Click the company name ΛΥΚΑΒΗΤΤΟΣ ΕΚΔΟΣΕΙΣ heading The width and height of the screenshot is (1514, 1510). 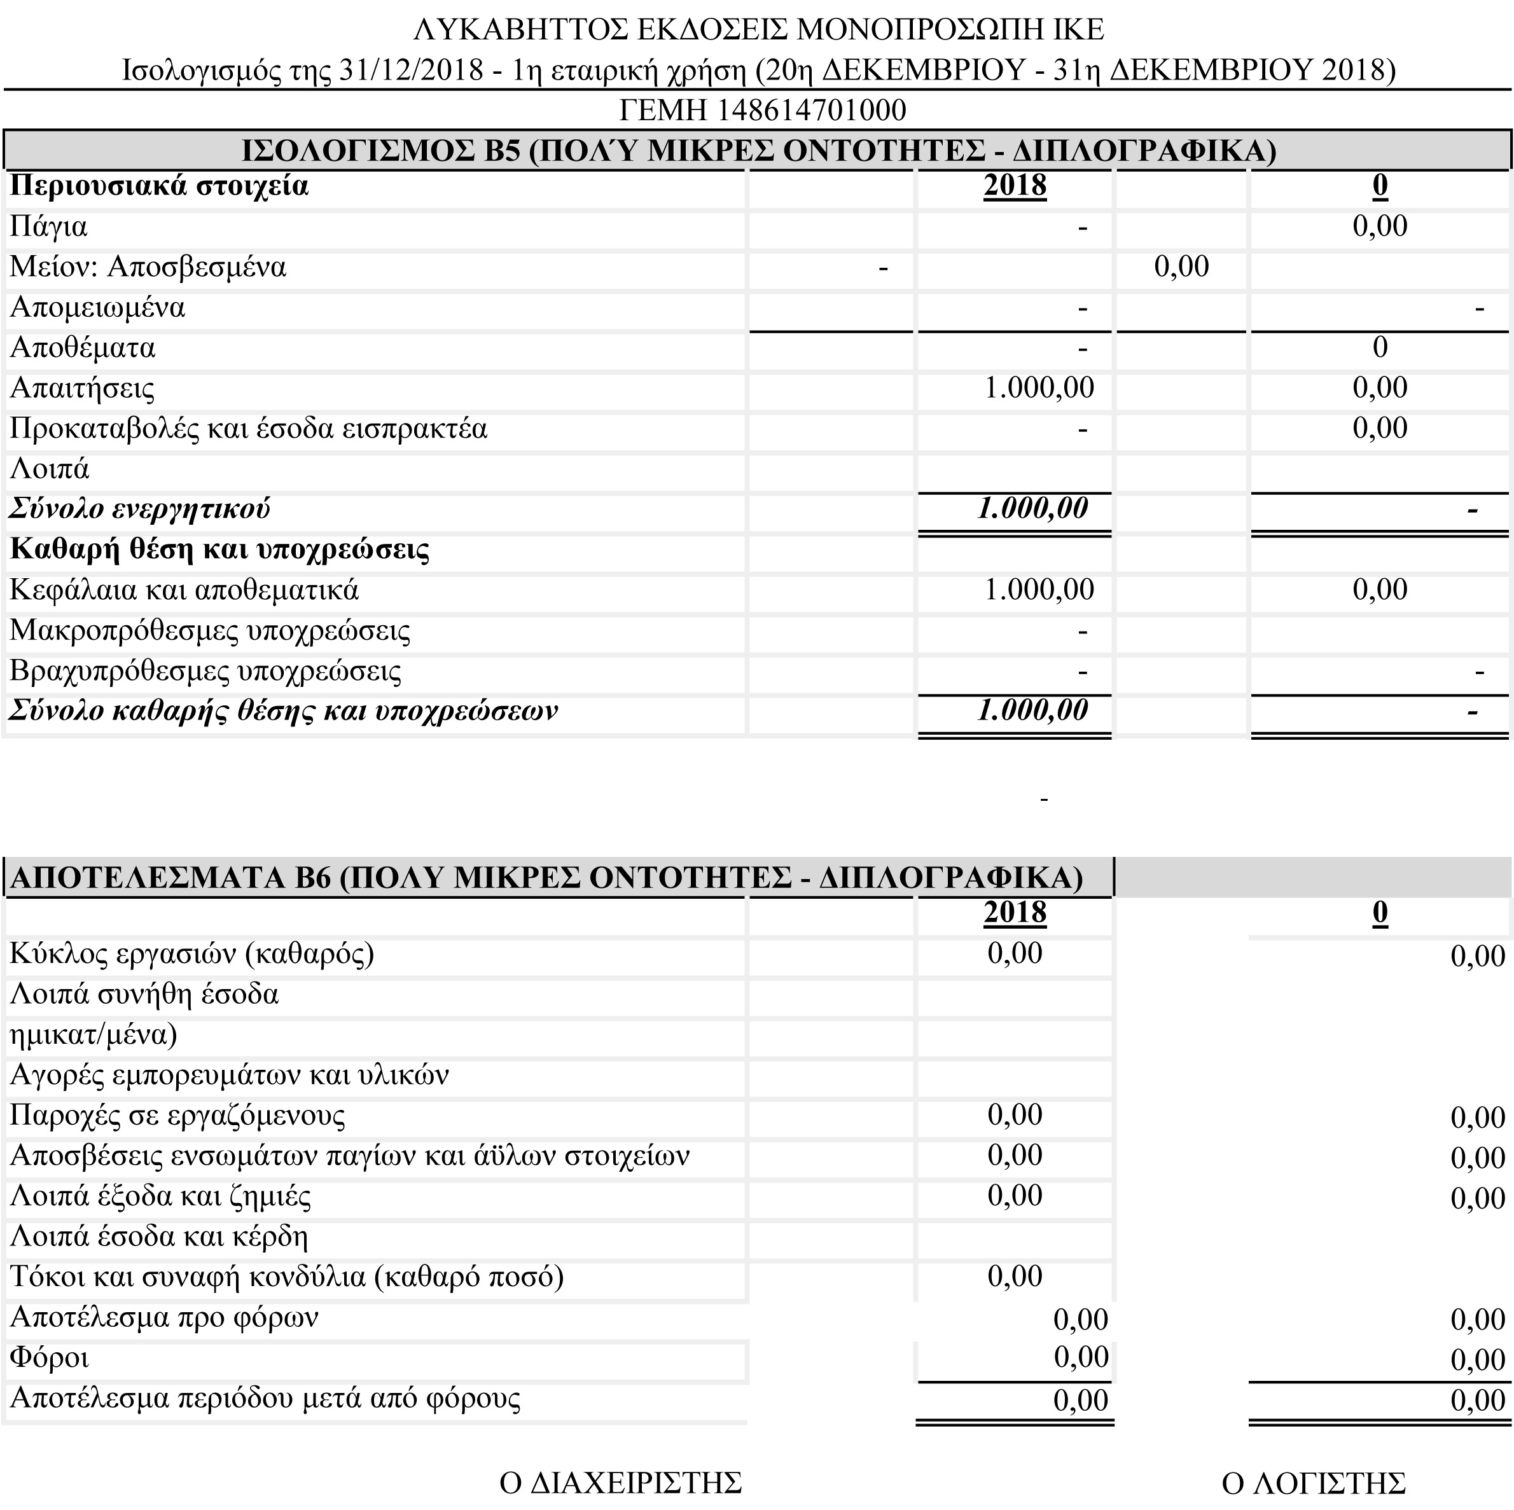758,30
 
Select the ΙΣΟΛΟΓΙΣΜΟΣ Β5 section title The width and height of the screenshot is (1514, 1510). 758,149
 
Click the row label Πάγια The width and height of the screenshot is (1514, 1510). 48,227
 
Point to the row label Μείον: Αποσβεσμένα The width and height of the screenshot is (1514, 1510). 148,267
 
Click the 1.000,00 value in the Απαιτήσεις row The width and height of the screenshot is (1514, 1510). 1038,388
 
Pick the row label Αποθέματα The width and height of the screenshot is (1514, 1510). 82,348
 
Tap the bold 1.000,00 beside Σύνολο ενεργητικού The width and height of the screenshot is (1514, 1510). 1032,509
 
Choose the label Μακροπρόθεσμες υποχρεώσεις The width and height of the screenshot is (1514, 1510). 210,631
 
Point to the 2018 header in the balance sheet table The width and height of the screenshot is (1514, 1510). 1015,186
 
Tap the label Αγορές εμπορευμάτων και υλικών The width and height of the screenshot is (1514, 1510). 229,1075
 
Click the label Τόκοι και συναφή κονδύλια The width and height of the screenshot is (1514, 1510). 287,1277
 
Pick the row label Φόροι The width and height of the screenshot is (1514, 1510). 48,1358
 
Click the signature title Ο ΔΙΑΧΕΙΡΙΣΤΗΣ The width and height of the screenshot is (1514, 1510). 620,1483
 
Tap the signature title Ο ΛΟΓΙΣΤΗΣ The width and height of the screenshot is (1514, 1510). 1314,1483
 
